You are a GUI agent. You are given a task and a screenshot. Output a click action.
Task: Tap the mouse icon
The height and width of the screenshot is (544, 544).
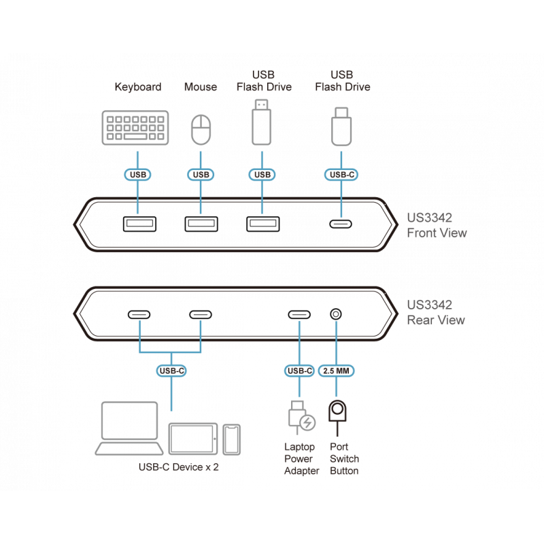201,129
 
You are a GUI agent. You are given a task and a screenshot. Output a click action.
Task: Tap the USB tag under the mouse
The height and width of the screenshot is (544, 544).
201,175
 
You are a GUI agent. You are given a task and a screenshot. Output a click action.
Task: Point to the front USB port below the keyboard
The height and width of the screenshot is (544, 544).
139,224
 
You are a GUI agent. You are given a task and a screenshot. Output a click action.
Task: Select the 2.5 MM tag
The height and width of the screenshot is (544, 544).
338,371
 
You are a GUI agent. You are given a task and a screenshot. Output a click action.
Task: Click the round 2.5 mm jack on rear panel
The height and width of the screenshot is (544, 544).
336,315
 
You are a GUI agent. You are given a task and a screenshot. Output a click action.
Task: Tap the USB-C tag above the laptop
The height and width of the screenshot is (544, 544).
170,371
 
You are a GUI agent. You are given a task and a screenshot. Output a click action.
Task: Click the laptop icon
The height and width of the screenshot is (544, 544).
131,428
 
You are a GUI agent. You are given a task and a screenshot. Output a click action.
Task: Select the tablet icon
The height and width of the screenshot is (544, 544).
193,439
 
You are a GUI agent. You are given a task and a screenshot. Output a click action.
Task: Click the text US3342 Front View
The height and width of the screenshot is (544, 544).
437,226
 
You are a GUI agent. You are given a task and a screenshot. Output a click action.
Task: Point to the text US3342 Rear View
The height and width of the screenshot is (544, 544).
436,313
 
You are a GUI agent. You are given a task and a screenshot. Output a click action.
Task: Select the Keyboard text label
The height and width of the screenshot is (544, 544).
137,87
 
